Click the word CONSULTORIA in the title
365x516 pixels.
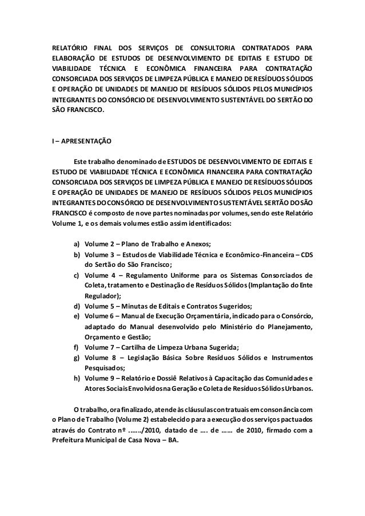(x=219, y=46)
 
